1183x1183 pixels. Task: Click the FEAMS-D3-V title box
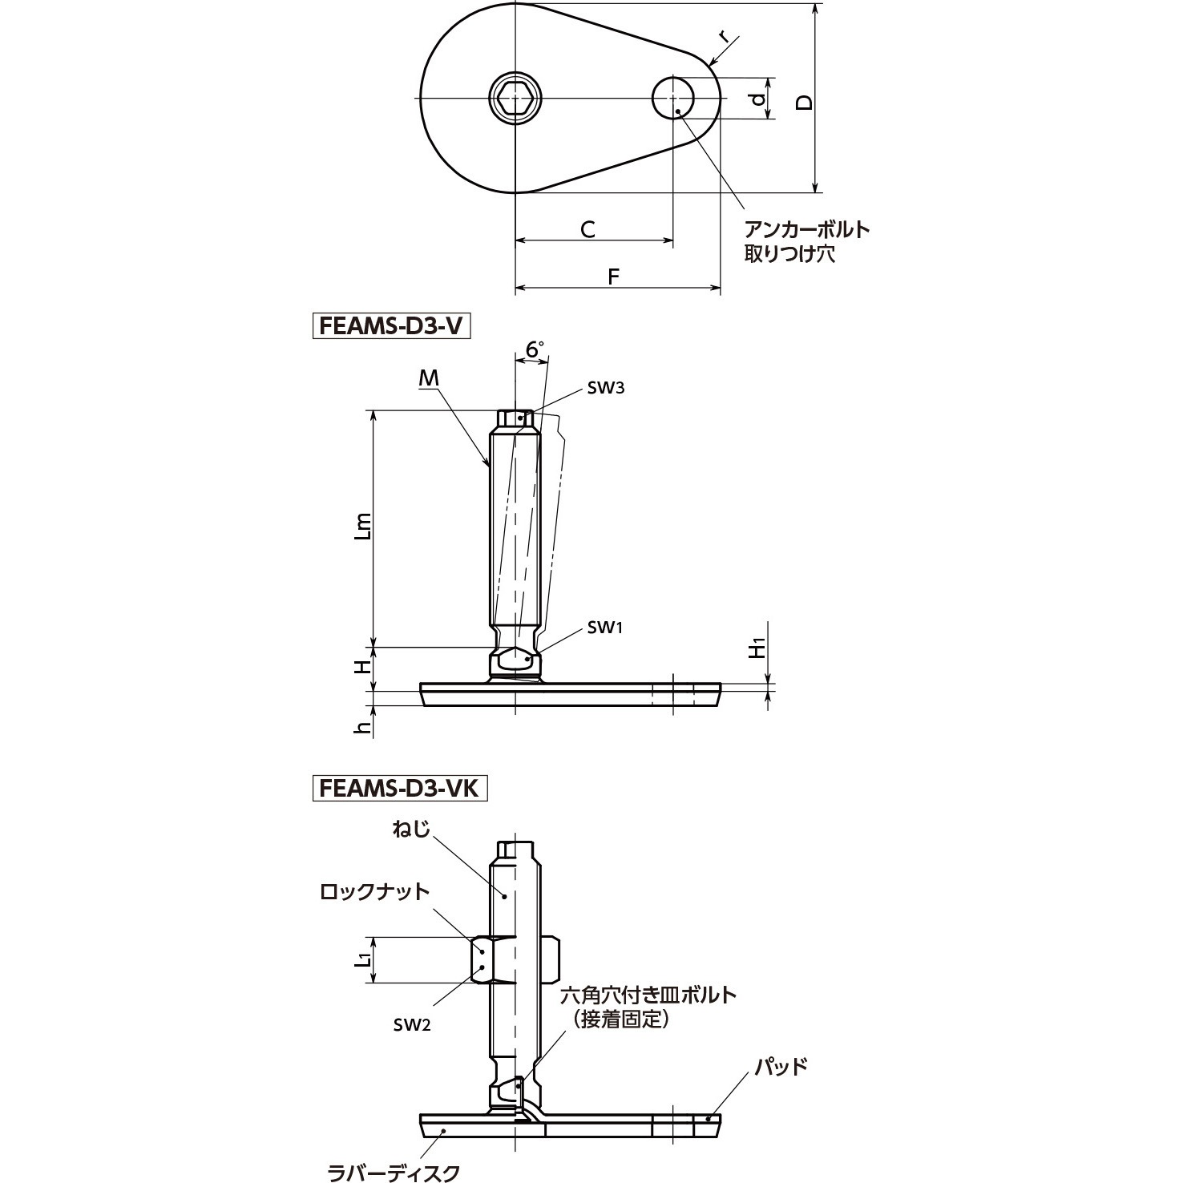pyautogui.click(x=391, y=328)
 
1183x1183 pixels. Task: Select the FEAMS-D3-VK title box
pyautogui.click(x=399, y=788)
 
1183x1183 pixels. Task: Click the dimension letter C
pyautogui.click(x=587, y=230)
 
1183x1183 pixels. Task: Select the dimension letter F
pyautogui.click(x=614, y=277)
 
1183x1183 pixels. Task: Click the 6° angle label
pyautogui.click(x=535, y=349)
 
